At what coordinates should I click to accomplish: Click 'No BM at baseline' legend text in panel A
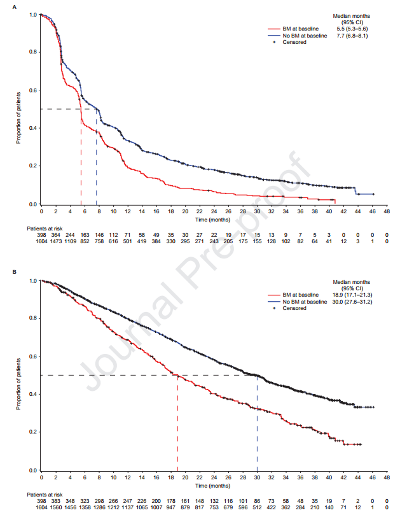[306, 36]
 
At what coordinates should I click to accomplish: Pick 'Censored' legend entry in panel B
[294, 309]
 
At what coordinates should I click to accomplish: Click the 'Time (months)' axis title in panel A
[212, 219]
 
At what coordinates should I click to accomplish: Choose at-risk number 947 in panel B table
[170, 508]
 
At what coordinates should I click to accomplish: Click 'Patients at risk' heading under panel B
[45, 494]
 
